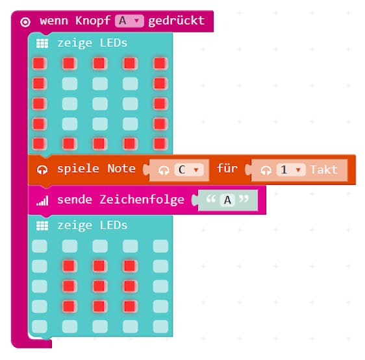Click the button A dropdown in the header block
(129, 21)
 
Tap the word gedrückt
(176, 21)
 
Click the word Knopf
(93, 21)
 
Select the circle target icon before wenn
(25, 22)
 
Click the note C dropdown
(189, 170)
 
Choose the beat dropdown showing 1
(291, 170)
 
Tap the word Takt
(324, 170)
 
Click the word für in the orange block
(227, 168)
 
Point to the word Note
(121, 168)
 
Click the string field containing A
(227, 200)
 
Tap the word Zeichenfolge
(142, 200)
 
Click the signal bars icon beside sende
(42, 200)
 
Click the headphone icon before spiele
(42, 170)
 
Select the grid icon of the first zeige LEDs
(42, 43)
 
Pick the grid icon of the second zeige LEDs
(42, 226)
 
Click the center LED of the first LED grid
(100, 104)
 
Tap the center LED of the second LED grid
(99, 286)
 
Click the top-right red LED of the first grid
(160, 64)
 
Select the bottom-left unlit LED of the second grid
(40, 326)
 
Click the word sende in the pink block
(75, 200)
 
